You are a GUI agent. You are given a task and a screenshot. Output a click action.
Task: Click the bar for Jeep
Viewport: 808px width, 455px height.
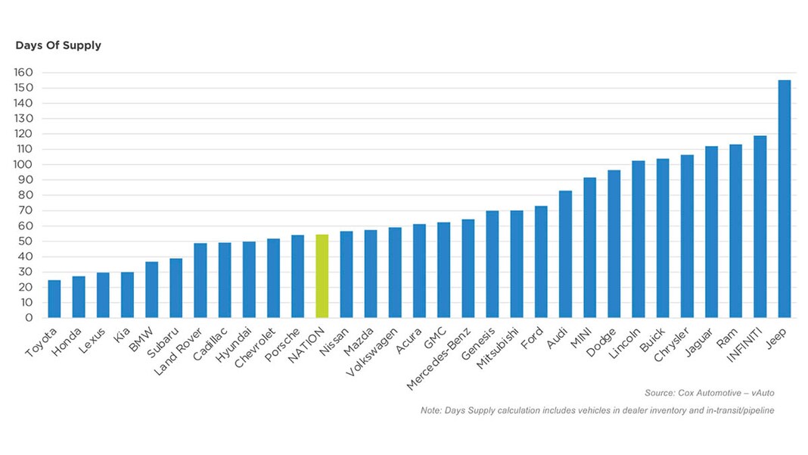pos(784,199)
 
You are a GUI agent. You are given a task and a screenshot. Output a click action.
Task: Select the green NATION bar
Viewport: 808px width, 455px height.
pos(322,276)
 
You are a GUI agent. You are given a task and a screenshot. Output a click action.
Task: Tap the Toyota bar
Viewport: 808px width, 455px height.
pos(54,299)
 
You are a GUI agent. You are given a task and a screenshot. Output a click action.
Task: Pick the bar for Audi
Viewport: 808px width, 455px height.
pos(565,254)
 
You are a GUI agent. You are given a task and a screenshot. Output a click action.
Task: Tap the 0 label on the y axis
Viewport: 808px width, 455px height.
pos(28,318)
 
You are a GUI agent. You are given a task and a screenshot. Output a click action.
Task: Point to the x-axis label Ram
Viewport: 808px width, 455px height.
pos(735,334)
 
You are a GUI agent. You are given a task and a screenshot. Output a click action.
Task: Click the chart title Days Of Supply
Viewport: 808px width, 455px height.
pos(58,45)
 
